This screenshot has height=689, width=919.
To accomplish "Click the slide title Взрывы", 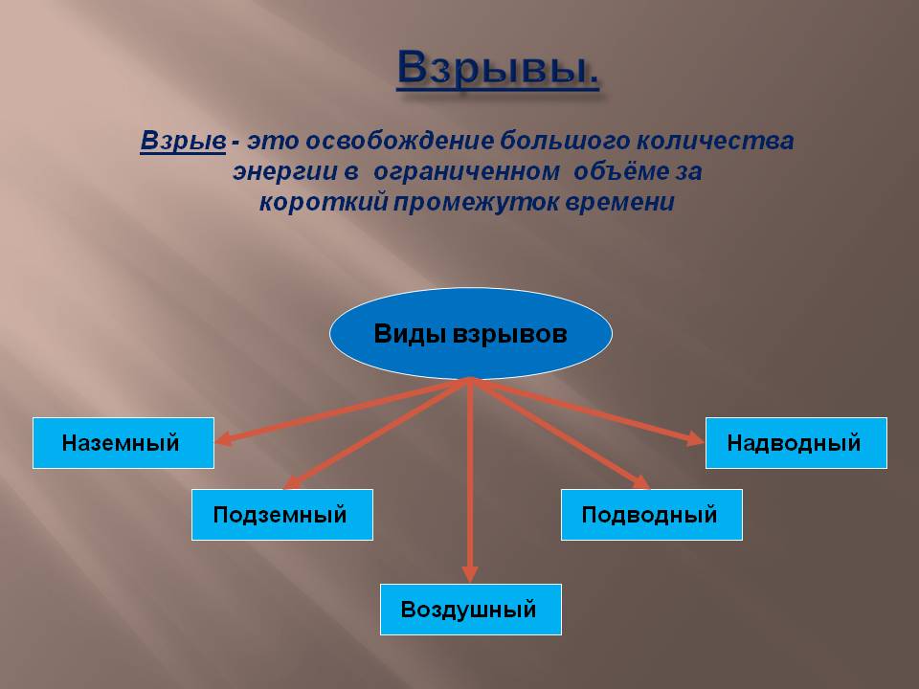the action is coord(498,69).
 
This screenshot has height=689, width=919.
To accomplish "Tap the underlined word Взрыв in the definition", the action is coord(183,142).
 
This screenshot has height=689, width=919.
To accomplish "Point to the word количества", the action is coord(715,142).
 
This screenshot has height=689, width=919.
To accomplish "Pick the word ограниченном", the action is coord(466,172).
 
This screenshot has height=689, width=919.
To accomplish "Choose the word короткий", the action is coord(324,202).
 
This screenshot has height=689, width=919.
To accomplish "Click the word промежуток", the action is coord(477,203).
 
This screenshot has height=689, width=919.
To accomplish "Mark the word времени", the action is coord(620,203).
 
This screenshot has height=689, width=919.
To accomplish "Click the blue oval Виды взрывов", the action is coord(471,333).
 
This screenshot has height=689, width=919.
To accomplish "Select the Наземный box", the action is coord(123,443).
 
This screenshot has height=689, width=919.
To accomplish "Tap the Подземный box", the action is coord(281,515).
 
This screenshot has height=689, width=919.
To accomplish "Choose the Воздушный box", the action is coord(471,610).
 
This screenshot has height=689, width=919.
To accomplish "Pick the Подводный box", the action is coord(652,515).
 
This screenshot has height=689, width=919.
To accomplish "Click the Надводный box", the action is coord(796,443).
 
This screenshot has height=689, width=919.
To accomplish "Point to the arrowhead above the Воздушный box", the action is coord(470,573).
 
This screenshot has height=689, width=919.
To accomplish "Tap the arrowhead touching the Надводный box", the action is coord(696,438).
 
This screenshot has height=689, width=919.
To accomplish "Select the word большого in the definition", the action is coord(565,142).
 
